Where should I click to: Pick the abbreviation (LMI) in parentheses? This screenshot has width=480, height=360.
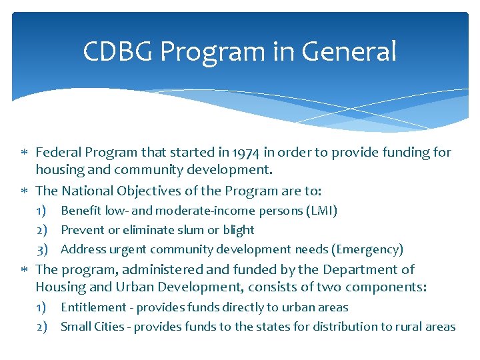(x=321, y=211)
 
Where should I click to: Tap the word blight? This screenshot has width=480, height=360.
(x=238, y=230)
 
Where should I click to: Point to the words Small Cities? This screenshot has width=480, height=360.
(x=93, y=327)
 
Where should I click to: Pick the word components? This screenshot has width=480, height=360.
(x=385, y=287)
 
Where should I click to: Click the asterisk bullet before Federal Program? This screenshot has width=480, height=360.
(x=24, y=153)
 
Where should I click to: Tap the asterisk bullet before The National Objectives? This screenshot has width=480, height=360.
(x=24, y=191)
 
